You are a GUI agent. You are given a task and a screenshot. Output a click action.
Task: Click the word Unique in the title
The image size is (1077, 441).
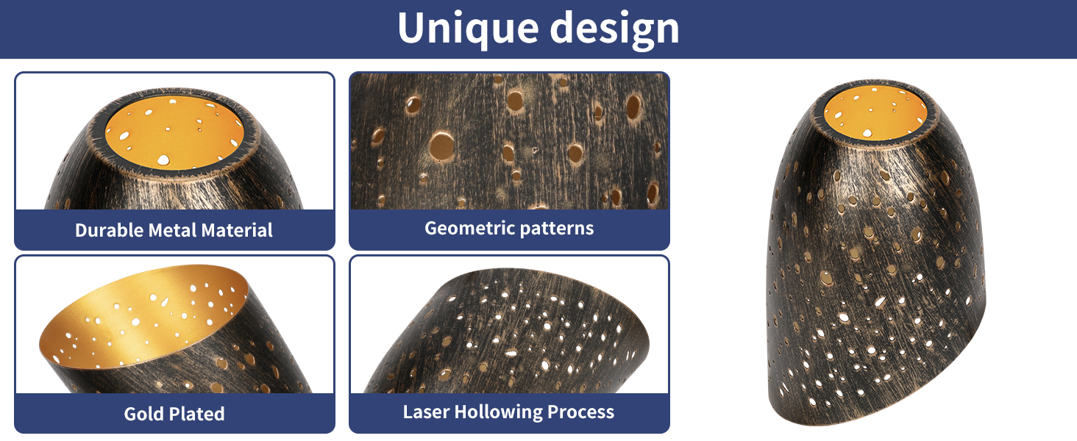(x=468, y=28)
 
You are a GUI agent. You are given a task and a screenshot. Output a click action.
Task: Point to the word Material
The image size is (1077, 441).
(x=237, y=230)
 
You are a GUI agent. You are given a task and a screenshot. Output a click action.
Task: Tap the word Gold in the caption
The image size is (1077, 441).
(x=144, y=414)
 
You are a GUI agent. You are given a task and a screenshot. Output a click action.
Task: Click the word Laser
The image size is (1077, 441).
(x=425, y=412)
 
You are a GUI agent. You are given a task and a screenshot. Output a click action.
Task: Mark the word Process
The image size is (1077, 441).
(x=580, y=412)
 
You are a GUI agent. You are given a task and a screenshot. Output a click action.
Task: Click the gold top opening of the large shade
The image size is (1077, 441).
(x=875, y=113)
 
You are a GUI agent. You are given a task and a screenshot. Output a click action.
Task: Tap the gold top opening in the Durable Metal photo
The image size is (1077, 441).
(x=174, y=133)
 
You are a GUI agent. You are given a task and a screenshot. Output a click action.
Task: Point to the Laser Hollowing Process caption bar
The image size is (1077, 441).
(x=509, y=412)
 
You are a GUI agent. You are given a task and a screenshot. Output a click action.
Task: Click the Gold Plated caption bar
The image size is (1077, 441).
(x=174, y=413)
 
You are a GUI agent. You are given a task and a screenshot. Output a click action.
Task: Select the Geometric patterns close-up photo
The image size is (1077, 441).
(x=509, y=141)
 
